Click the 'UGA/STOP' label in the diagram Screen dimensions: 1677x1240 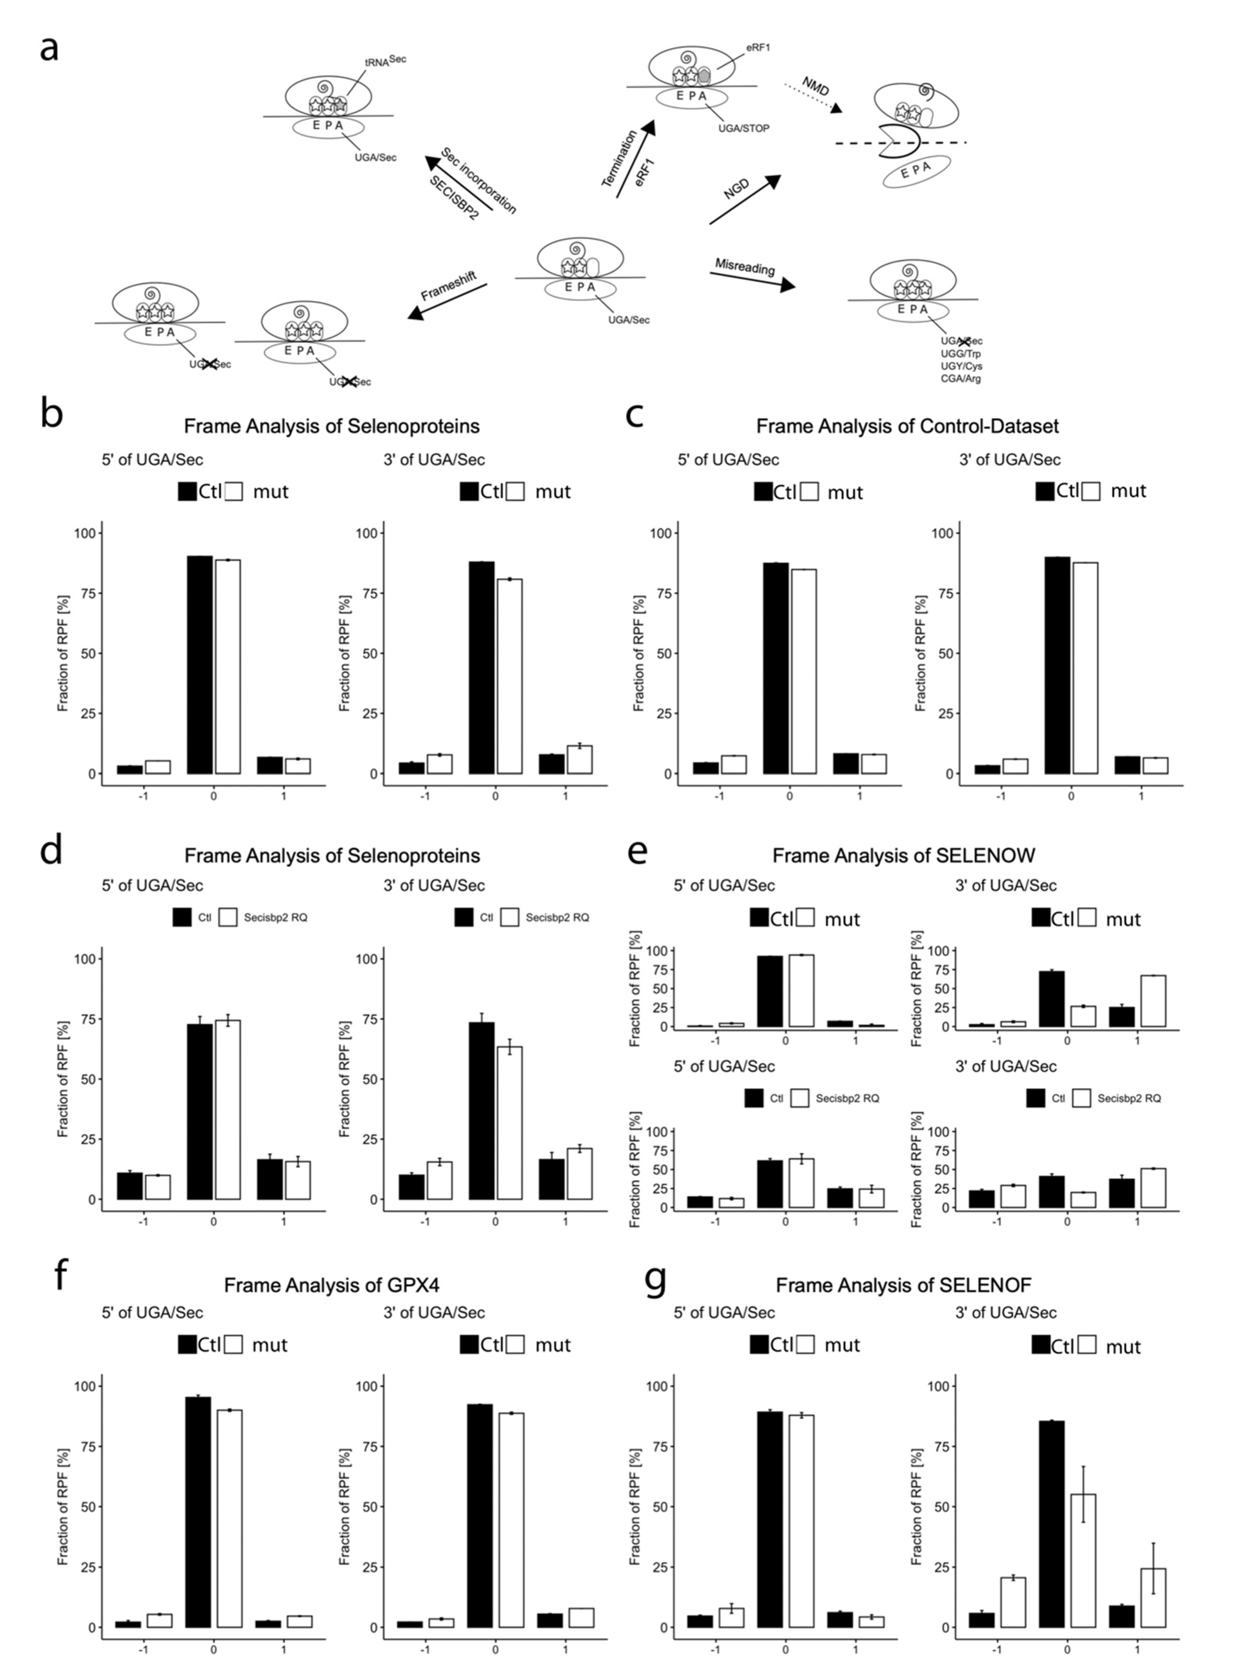click(x=743, y=128)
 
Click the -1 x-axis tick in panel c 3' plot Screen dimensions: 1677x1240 click(x=1001, y=795)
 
